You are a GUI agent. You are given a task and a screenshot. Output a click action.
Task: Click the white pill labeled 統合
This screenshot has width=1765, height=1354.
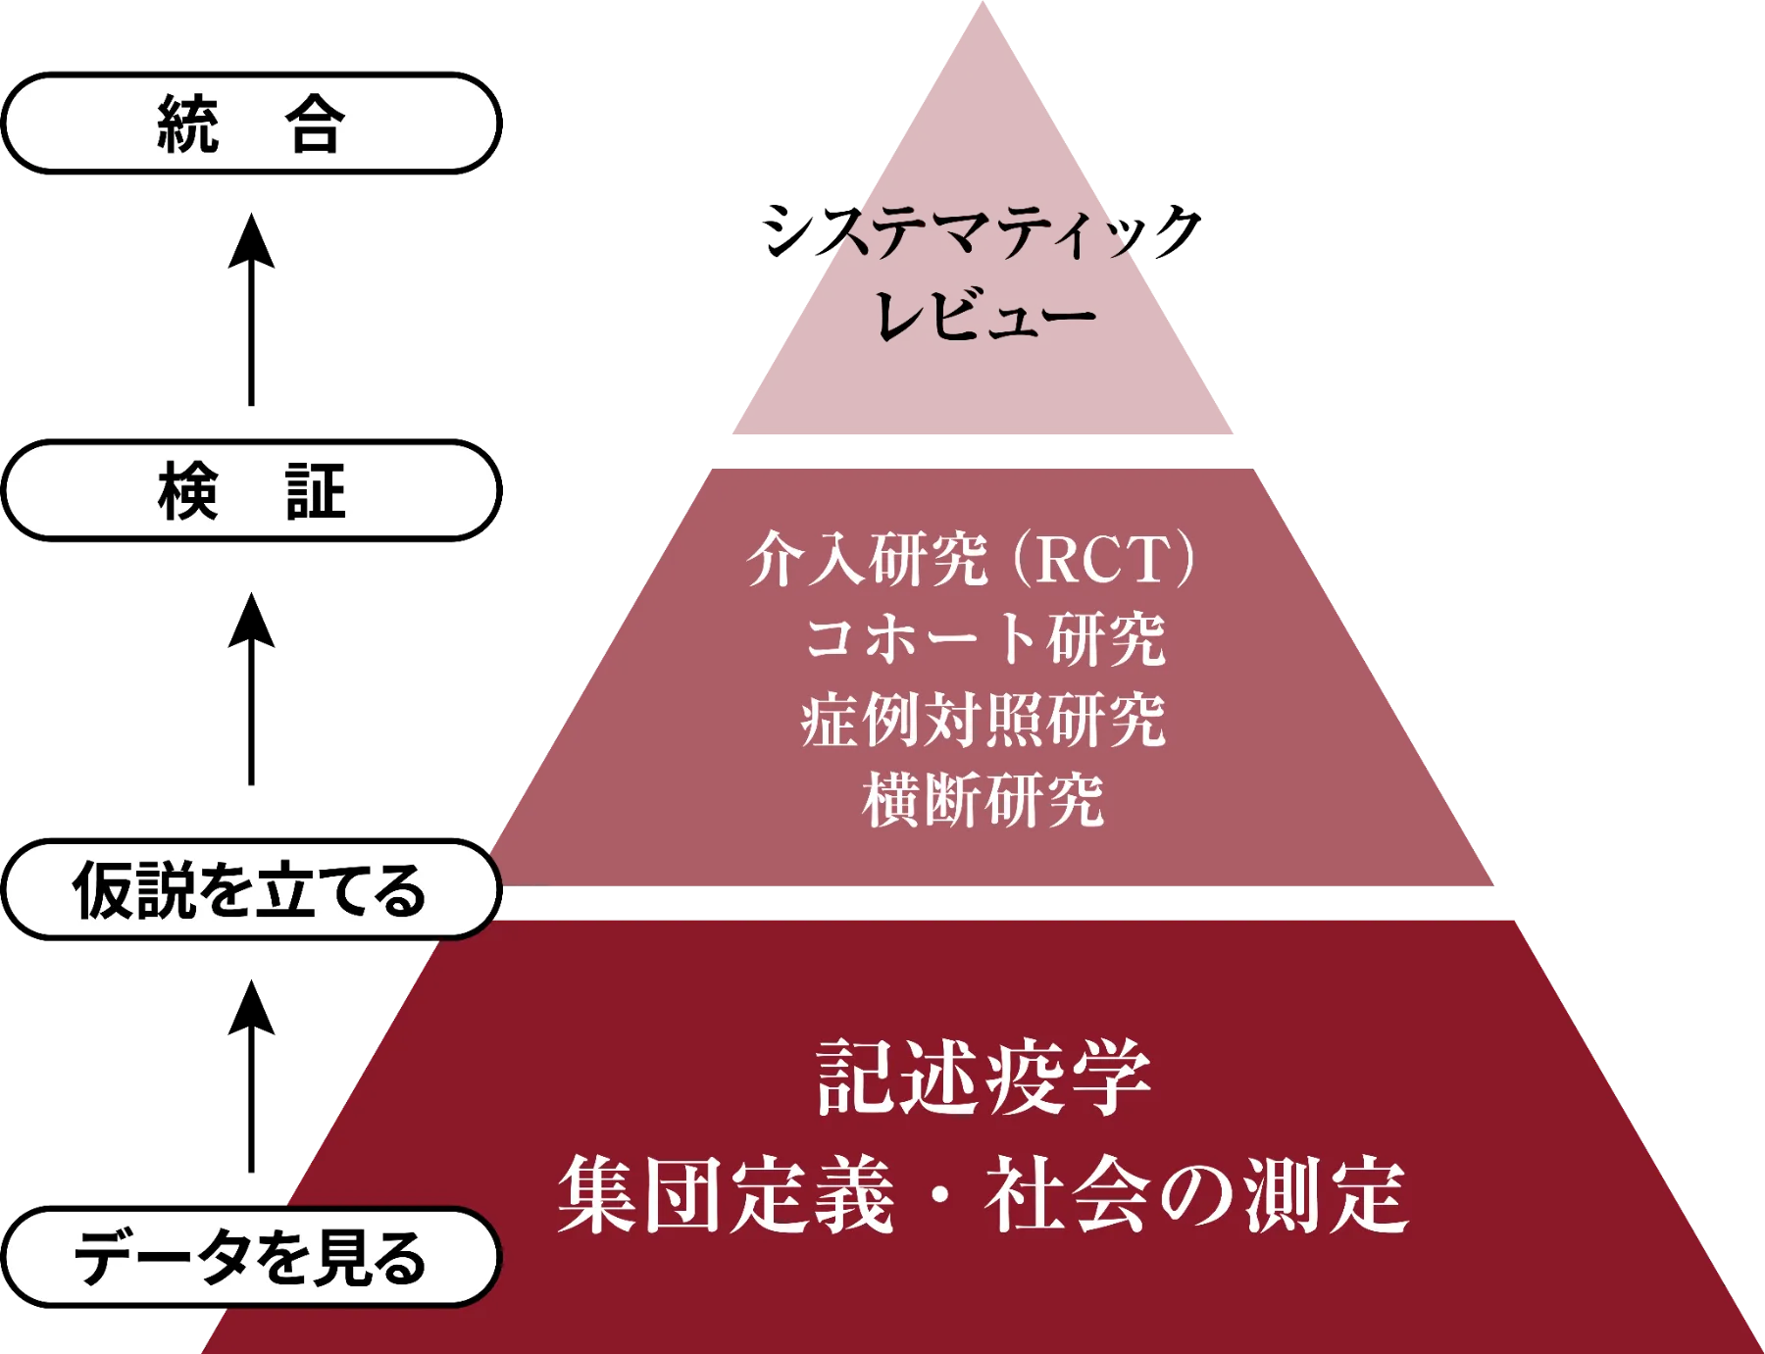tap(251, 124)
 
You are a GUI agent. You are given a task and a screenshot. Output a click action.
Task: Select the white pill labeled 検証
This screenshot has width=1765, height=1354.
tap(251, 490)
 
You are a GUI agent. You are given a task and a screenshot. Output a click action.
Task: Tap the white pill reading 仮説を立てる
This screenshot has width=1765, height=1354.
tap(251, 889)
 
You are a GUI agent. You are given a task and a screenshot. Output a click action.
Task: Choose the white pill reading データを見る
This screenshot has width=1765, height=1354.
tap(251, 1257)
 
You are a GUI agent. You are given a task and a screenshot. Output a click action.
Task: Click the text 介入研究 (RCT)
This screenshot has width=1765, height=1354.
tap(971, 559)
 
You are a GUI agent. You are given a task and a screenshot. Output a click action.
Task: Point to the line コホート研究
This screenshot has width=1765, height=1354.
tap(984, 639)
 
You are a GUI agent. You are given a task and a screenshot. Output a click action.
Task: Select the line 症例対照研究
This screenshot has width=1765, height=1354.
tap(983, 720)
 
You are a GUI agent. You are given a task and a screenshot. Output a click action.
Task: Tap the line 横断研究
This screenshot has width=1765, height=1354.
tap(983, 800)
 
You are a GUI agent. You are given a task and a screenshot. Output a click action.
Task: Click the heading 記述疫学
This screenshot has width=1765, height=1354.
tap(983, 1077)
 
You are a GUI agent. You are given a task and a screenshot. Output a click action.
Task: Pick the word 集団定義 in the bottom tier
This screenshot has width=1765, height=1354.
tap(726, 1194)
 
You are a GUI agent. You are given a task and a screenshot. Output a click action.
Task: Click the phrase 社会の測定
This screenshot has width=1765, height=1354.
tap(1196, 1194)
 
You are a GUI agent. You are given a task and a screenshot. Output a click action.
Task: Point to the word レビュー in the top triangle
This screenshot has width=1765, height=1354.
tap(983, 316)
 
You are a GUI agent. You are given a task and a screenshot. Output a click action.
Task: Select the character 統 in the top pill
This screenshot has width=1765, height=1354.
tap(187, 125)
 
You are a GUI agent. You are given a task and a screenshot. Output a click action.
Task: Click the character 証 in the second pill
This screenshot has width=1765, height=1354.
tap(315, 491)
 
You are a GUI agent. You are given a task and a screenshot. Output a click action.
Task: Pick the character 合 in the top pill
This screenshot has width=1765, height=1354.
tap(315, 125)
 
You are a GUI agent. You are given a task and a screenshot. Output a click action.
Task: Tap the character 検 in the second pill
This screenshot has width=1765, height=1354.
tap(187, 491)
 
